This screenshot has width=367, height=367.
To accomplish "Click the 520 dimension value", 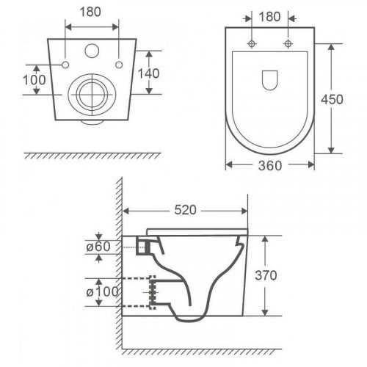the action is tap(185, 210).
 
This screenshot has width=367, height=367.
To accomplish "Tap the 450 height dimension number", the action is tap(332, 99).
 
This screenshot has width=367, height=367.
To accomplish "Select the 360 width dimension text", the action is tap(270, 166).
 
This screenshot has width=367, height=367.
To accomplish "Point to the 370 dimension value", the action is tap(266, 275).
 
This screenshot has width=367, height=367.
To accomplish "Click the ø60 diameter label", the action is tap(98, 247).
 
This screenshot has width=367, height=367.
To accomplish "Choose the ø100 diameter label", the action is tap(102, 292).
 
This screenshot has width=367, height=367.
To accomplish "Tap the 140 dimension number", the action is tap(148, 73).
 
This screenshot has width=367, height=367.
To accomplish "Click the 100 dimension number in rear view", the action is tap(34, 80).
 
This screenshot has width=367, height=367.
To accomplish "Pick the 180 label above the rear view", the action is tap(90, 12).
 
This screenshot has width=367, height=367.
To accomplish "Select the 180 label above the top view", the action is tap(269, 17).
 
